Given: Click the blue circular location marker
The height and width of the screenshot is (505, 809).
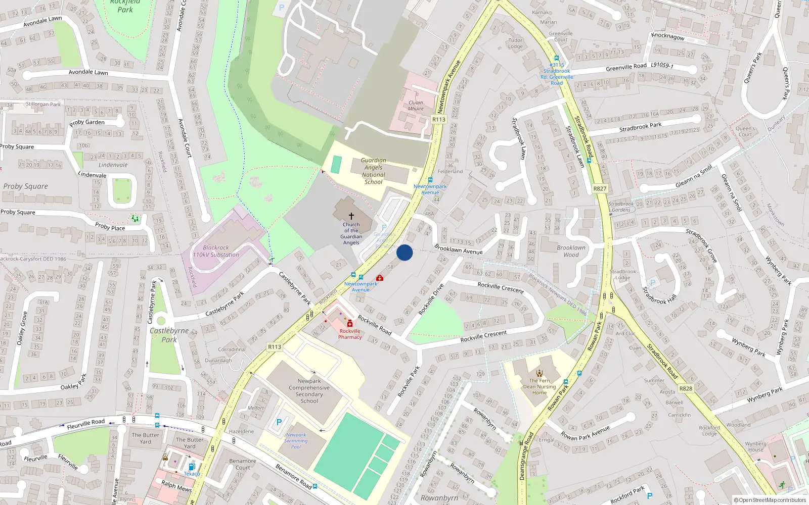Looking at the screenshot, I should coord(404,252).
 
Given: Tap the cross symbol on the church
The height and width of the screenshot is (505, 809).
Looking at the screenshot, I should coord(351,216).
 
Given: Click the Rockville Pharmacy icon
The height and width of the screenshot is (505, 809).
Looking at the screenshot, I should coord(350,324).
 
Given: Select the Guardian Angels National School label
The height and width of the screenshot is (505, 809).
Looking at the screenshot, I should coord(373,171).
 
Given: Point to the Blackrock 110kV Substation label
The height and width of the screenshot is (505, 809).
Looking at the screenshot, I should coord(216,251).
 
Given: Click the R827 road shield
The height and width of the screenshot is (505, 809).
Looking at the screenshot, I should coord(600,188).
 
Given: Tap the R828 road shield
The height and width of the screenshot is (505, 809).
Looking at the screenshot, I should coord(686,388).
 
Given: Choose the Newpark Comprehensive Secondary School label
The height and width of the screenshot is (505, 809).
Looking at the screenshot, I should coord(309,391).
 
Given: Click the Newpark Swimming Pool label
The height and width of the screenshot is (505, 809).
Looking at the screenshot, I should coord(296,440).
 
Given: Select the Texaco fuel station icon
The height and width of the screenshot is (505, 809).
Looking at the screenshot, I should coord(192,467).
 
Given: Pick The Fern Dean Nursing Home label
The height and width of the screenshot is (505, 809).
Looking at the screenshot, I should coord(540,386).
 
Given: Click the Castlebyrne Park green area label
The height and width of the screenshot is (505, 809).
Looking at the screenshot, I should coord(169,335).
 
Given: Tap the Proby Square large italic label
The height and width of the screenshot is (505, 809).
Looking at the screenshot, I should coord(25,186).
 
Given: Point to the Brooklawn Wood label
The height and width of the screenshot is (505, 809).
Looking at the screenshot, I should coord(571,251).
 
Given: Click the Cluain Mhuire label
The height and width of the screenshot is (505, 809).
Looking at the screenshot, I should coord(416,106).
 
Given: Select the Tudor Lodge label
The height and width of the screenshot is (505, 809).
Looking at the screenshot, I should coord(515,43).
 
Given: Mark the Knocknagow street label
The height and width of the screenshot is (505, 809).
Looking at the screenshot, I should coord(668,36).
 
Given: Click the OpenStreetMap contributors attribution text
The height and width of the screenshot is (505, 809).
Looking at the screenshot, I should coord(770,500).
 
